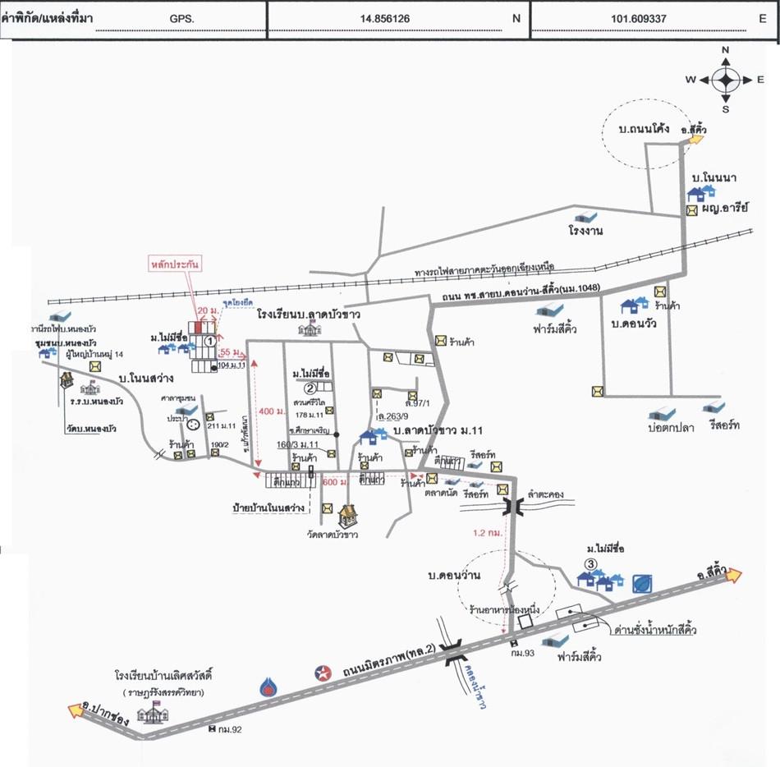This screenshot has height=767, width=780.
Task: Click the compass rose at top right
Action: point(725,80)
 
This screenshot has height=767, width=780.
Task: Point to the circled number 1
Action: point(210,338)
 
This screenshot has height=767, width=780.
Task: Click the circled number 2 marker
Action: point(310,388)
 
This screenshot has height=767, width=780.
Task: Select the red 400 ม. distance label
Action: point(268,411)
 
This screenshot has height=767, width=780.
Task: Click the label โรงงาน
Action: point(586,231)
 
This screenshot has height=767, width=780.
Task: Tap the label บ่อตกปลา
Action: point(666,427)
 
